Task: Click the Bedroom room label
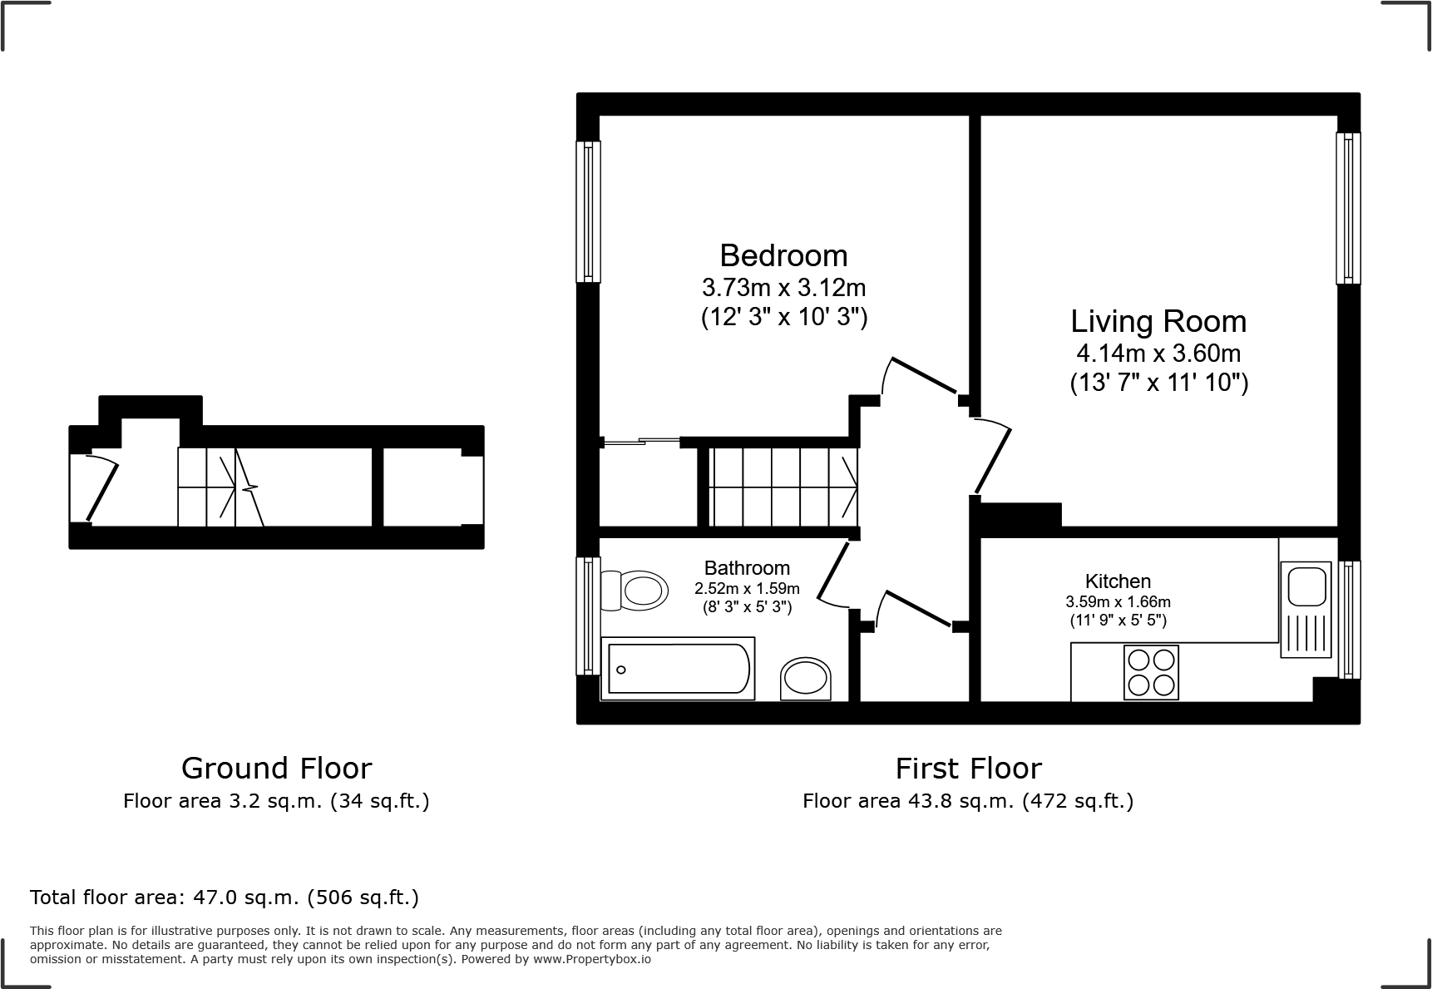783,255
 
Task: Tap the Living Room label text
1158,322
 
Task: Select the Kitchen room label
1118,581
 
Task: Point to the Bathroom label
747,568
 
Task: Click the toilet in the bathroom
635,591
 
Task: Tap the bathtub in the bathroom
678,669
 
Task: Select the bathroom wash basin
806,679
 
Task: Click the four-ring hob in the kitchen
1151,672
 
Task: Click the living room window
1348,208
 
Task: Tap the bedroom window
589,211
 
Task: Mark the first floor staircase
782,487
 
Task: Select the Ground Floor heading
276,768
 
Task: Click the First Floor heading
968,768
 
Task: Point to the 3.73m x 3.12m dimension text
783,288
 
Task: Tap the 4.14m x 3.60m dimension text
1158,354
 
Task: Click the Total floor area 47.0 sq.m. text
224,898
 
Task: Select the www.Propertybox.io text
591,959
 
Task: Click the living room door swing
994,457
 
